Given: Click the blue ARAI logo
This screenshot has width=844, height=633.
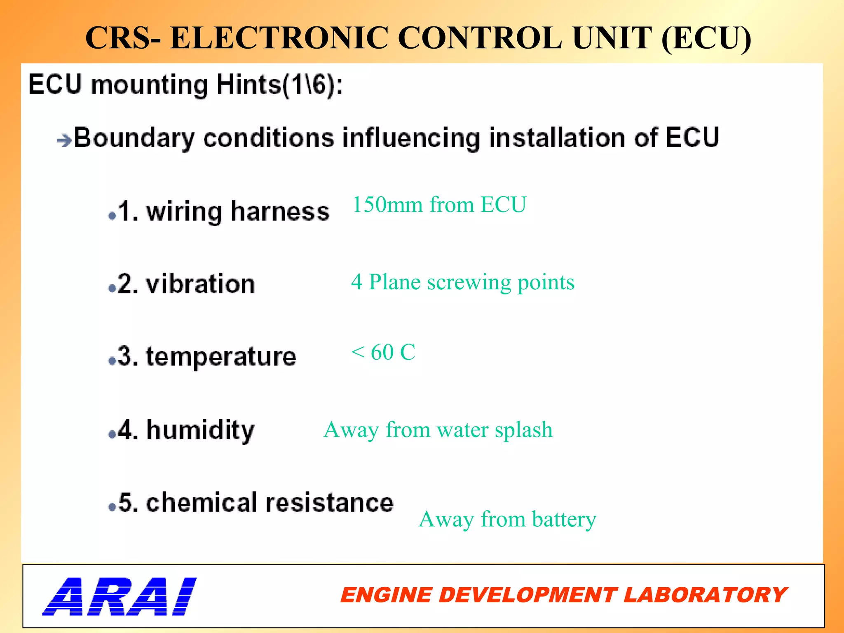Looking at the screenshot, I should tap(120, 596).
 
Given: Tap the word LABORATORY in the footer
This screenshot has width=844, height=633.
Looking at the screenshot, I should tap(705, 595).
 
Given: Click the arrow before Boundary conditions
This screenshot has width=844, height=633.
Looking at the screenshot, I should tap(64, 141).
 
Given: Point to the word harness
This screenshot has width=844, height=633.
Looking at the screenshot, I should tap(280, 212).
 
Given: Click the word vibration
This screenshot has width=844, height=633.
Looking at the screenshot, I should tap(200, 284).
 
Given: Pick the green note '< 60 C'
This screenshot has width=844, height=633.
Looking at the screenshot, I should tap(383, 352).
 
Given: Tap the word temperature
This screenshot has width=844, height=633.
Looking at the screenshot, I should tap(221, 356).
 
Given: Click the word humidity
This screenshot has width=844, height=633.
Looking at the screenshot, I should tap(200, 430).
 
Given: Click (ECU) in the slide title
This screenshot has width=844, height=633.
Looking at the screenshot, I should tap(706, 38).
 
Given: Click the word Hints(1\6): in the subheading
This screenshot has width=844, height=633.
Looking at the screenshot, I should tap(279, 85).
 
